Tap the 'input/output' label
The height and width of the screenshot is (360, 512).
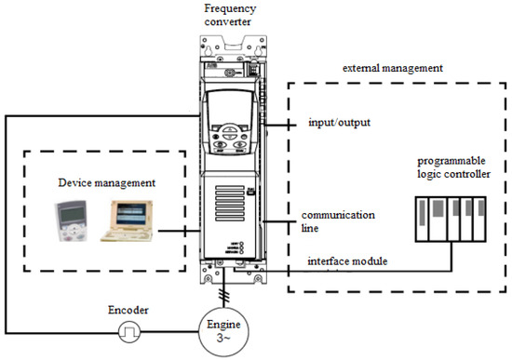click(x=342, y=123)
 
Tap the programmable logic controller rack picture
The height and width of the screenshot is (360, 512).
click(x=453, y=223)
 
